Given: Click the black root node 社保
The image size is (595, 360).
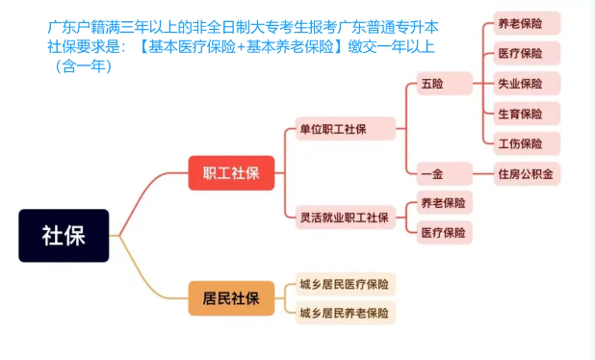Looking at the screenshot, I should (64, 235).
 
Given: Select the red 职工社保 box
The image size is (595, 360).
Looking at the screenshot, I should (231, 173).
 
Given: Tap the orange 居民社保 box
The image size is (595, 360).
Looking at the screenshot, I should (231, 297).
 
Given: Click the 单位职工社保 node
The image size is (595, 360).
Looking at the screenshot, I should (346, 129).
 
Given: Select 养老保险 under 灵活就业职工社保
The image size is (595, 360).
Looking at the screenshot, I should (442, 202).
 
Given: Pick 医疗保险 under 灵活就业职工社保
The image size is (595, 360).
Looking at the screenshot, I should (442, 232).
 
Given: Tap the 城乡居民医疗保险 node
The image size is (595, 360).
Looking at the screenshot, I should (345, 284).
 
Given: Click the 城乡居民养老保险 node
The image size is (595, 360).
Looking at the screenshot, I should (345, 313).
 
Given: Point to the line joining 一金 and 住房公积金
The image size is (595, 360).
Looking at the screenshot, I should (481, 174).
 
